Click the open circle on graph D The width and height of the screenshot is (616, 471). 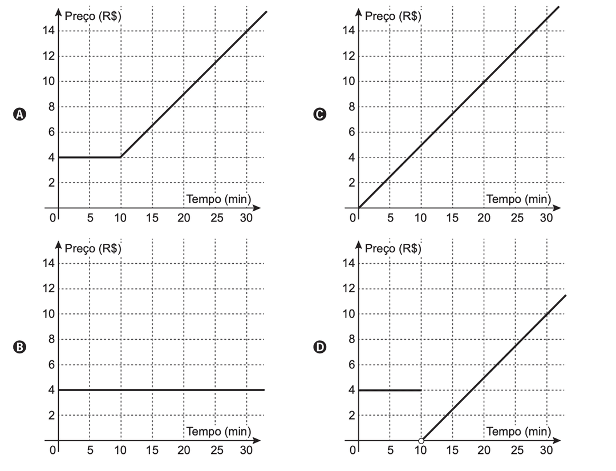(421, 441)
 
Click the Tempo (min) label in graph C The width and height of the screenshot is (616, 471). (518, 199)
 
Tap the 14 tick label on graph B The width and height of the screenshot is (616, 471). (47, 263)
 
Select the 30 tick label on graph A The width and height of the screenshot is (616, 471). (246, 218)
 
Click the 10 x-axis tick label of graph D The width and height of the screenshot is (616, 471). (420, 451)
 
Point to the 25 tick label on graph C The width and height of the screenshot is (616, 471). (516, 218)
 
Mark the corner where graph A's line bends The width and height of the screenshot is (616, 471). (120, 157)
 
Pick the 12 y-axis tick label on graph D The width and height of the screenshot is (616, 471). (348, 289)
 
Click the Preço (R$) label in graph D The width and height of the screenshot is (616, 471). (393, 248)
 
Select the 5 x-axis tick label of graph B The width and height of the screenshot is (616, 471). (90, 451)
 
